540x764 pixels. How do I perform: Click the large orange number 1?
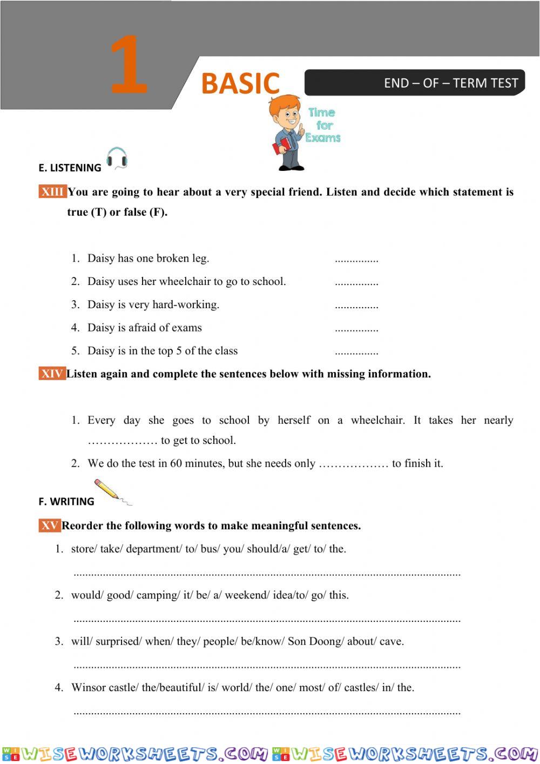(129, 65)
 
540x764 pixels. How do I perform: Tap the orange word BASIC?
(240, 83)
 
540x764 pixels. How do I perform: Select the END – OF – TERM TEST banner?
(414, 83)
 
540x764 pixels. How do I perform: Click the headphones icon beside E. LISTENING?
(117, 158)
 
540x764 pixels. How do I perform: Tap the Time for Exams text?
(323, 125)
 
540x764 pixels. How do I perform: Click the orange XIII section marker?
(52, 192)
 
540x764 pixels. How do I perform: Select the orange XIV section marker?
(52, 374)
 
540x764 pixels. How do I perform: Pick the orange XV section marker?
(50, 526)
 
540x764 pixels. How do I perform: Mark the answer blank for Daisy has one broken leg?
(356, 260)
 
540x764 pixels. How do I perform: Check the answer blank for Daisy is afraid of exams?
(356, 329)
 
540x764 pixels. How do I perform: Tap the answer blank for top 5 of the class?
(356, 353)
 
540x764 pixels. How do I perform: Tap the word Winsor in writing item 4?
(89, 687)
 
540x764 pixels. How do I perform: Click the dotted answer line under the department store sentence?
(267, 573)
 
